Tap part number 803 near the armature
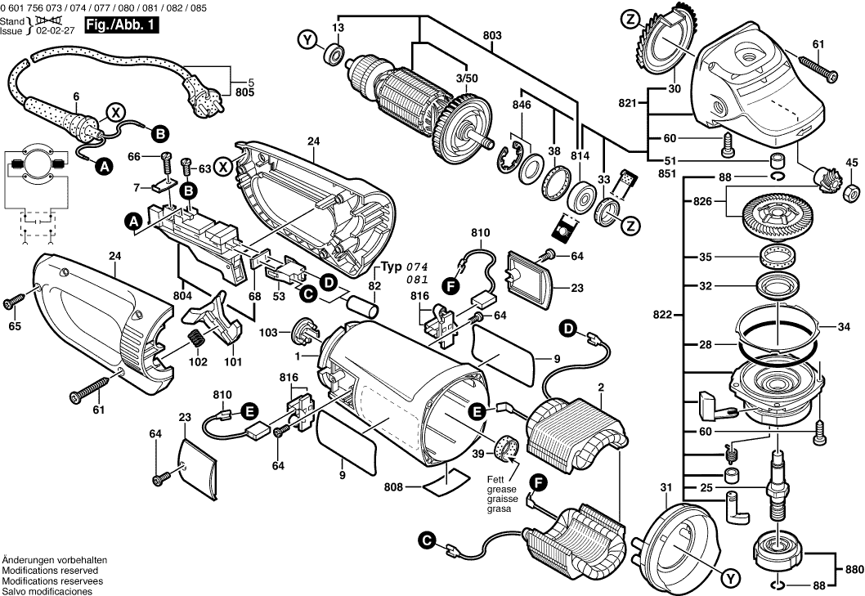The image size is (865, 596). point(492,36)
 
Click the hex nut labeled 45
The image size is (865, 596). point(850,190)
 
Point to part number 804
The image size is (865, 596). point(182,294)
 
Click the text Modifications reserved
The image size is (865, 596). point(50,570)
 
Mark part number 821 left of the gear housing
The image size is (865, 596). point(628,104)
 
